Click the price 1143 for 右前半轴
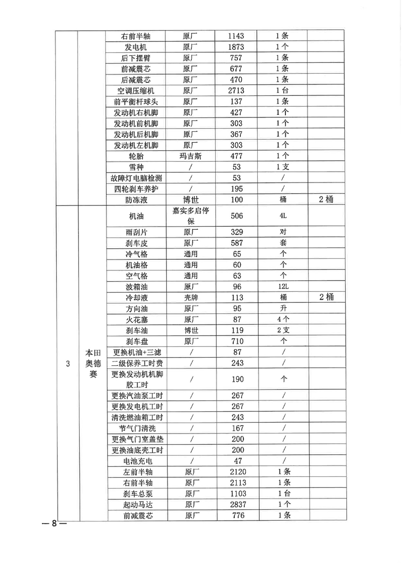(x=236, y=36)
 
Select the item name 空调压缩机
(x=135, y=91)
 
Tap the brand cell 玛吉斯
(x=190, y=156)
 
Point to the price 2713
(x=236, y=91)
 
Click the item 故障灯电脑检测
(x=136, y=178)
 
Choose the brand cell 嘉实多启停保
(x=191, y=216)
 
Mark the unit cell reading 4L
(x=283, y=216)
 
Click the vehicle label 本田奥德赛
(x=93, y=363)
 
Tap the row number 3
(x=68, y=363)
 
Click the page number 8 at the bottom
(x=54, y=523)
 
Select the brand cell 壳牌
(x=191, y=298)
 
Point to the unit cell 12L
(x=283, y=287)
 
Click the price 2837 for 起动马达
(x=238, y=504)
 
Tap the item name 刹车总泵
(x=138, y=494)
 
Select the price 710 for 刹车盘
(x=237, y=341)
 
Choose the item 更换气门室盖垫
(x=137, y=440)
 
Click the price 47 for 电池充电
(x=238, y=461)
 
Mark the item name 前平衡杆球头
(x=135, y=102)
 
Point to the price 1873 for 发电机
(x=236, y=47)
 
